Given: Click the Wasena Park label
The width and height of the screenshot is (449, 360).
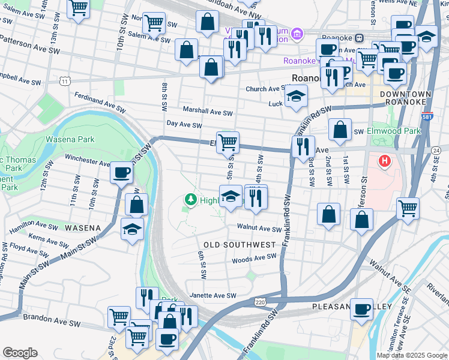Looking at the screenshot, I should coord(70,140).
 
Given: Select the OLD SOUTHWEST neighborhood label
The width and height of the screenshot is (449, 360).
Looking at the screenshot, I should coord(240,245).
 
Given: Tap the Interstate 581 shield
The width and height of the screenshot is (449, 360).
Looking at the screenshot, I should coord(427,117).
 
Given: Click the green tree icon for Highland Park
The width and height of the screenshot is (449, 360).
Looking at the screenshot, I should coord(190,200).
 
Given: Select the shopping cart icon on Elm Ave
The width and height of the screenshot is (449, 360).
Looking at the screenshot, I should coord(228,142).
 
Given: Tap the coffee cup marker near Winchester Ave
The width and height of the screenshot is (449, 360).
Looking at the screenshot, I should coord(121,173).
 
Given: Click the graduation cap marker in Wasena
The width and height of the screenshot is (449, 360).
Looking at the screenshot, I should coord(133,229).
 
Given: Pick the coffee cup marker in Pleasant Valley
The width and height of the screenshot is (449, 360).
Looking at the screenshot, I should coord(361,309).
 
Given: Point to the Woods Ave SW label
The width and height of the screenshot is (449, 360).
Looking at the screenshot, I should coord(255,259).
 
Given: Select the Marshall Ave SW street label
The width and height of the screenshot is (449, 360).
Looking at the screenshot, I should coord(208,112).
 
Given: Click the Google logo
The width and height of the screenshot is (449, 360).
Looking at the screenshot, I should coord(20,353).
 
